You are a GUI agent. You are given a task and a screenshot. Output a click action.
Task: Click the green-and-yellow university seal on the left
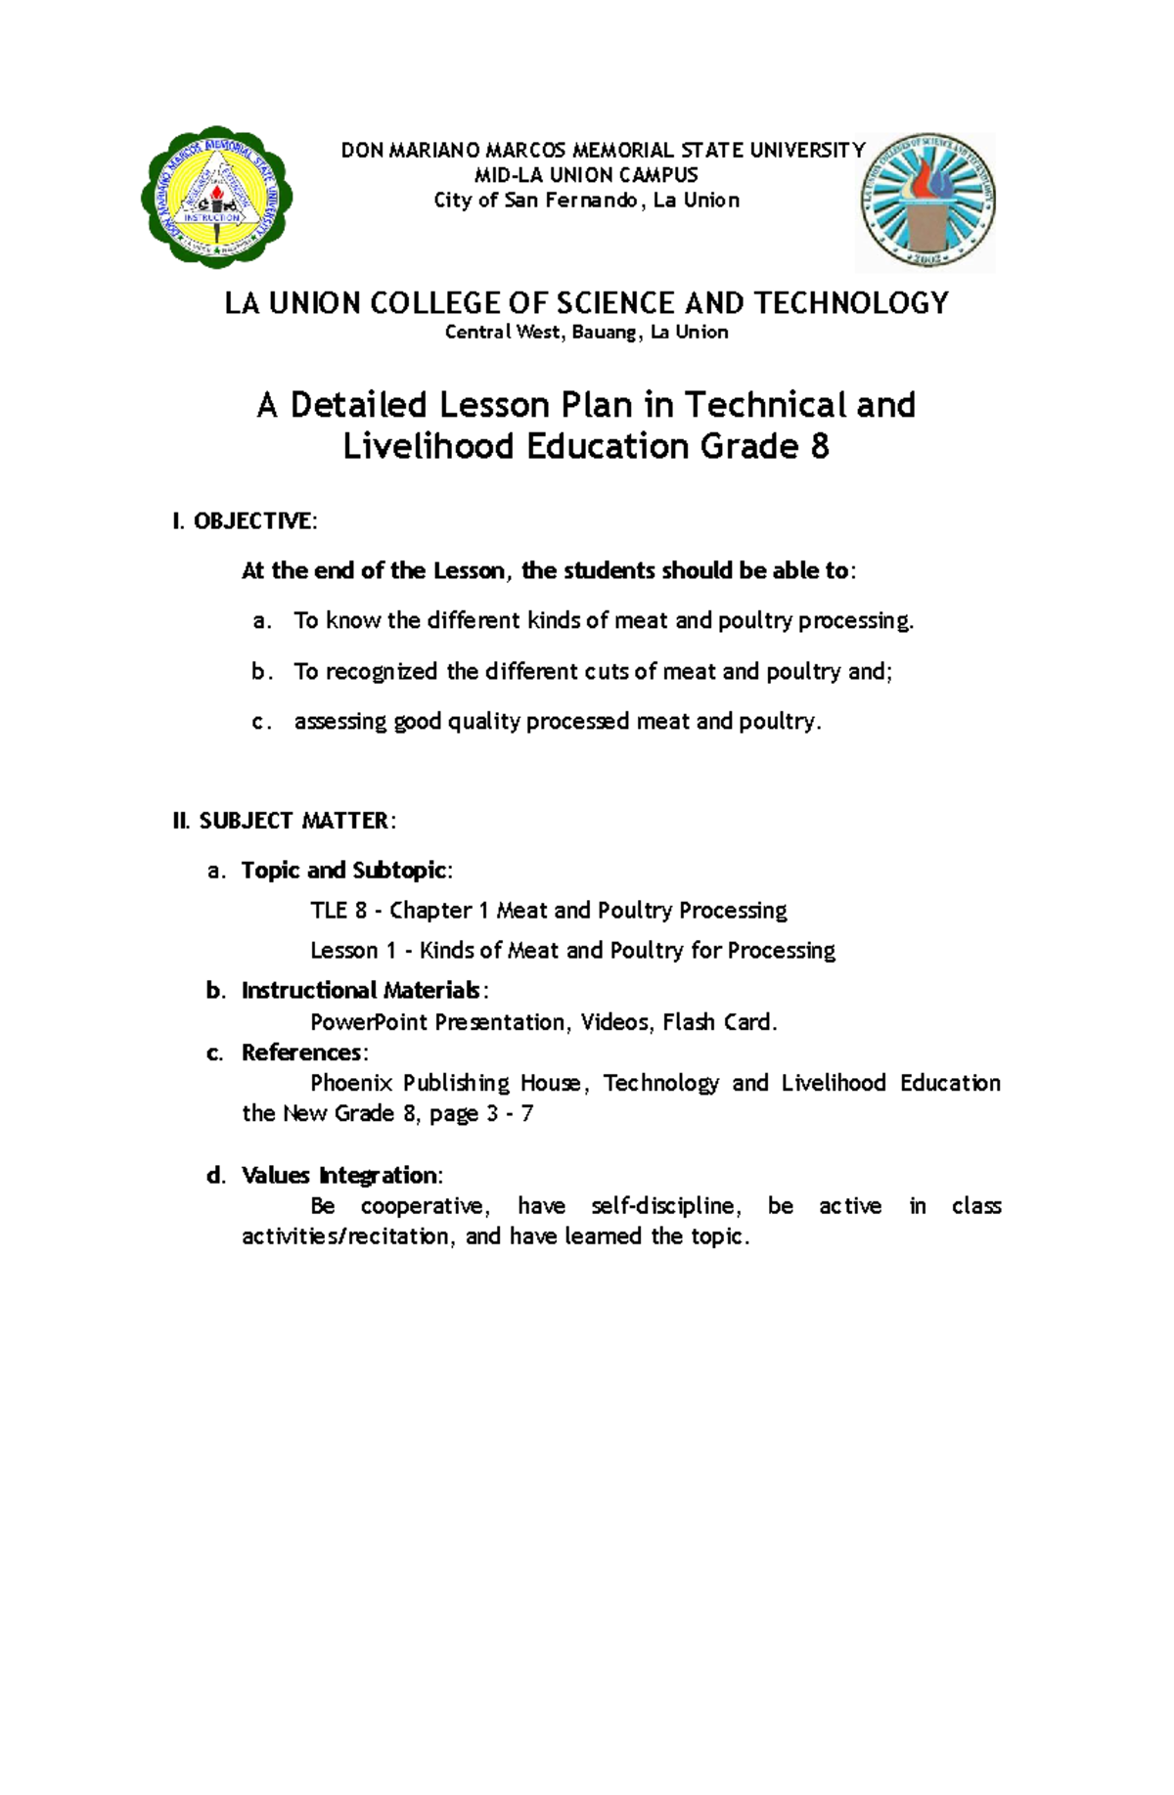216,198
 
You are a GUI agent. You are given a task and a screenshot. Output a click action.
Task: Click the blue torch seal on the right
926,202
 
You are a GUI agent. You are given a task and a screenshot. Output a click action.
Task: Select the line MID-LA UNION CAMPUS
586,175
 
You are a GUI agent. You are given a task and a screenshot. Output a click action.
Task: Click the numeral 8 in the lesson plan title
819,447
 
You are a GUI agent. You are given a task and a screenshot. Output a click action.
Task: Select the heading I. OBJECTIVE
245,520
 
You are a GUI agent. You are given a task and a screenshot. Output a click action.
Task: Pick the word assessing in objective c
339,722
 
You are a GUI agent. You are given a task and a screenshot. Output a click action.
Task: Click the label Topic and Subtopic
345,871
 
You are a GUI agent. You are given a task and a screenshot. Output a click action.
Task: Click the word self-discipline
663,1205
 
